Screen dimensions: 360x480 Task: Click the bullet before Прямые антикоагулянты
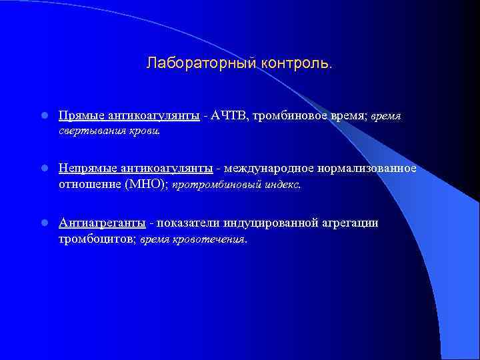(x=41, y=116)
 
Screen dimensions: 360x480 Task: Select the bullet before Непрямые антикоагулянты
(x=41, y=167)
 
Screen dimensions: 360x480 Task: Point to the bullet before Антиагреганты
(x=41, y=223)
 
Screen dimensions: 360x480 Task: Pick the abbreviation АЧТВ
(x=228, y=116)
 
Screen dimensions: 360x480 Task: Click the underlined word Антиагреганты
(x=102, y=223)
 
